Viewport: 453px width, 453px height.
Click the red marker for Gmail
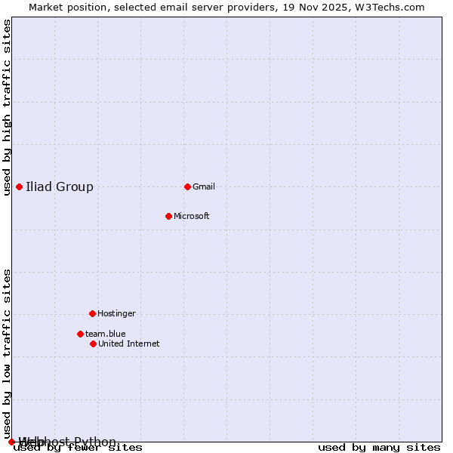pyautogui.click(x=187, y=186)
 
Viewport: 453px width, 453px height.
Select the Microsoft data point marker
pyautogui.click(x=168, y=216)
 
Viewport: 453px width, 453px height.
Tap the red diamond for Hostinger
pyautogui.click(x=92, y=313)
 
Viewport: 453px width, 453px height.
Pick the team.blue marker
pyautogui.click(x=80, y=334)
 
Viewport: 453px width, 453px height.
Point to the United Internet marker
pyautogui.click(x=93, y=344)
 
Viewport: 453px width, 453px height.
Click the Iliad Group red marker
pyautogui.click(x=19, y=186)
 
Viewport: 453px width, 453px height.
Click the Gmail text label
pyautogui.click(x=204, y=186)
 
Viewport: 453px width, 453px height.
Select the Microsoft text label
pyautogui.click(x=192, y=216)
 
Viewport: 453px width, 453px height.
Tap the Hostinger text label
pyautogui.click(x=116, y=313)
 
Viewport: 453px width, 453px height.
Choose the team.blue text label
pyautogui.click(x=106, y=334)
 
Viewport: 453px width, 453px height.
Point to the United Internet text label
pyautogui.click(x=128, y=344)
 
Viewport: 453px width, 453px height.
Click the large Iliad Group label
pyautogui.click(x=60, y=186)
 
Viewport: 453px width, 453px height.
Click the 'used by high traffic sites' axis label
pyautogui.click(x=7, y=107)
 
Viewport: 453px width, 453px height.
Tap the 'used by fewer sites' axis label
pyautogui.click(x=78, y=448)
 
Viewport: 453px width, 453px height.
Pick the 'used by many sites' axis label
pyautogui.click(x=379, y=448)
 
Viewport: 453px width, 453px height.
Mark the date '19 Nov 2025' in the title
pyautogui.click(x=328, y=7)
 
